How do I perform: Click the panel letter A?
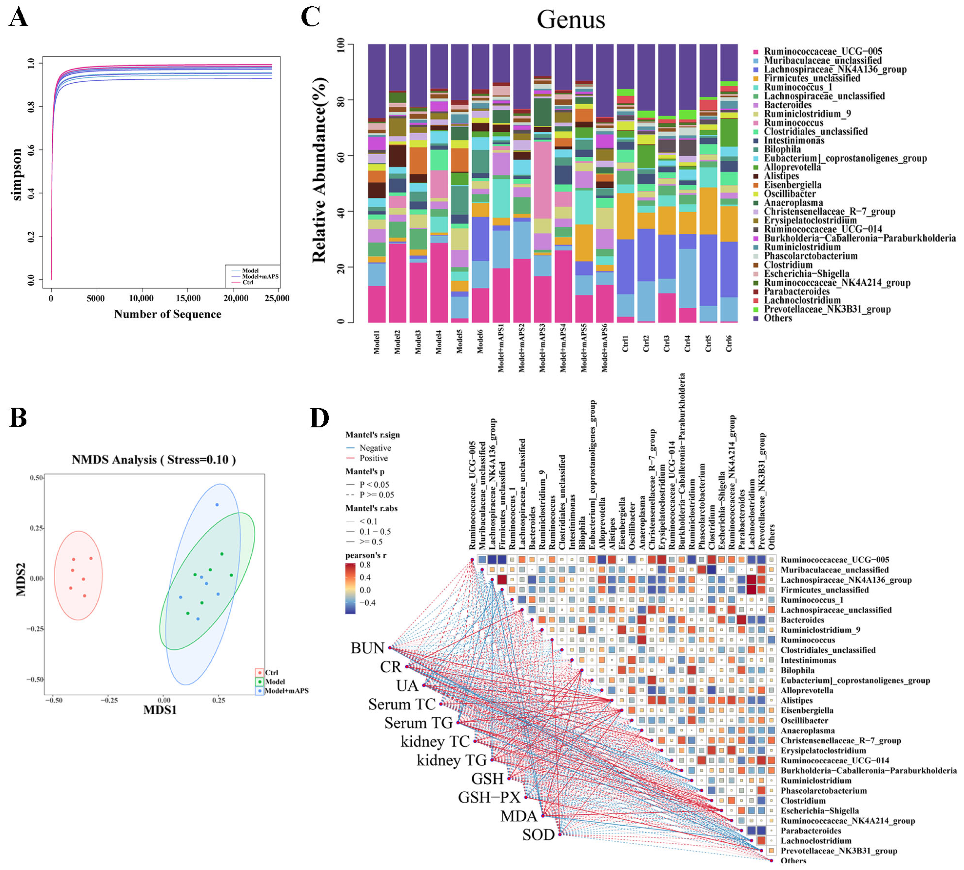19,18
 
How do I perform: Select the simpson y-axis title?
17,174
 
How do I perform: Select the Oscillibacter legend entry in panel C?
790,194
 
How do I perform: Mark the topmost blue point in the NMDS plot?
217,505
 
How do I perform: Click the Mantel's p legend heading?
365,471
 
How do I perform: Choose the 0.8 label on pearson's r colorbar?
365,564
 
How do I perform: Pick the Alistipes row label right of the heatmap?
796,700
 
